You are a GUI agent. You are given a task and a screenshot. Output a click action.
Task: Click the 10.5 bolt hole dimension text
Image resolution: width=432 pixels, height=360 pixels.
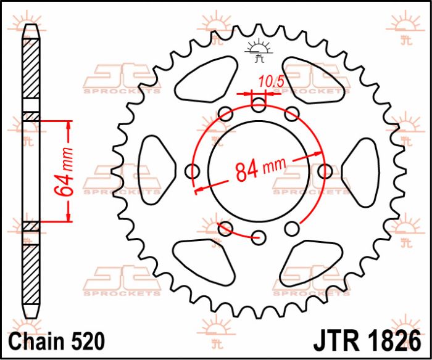pyautogui.click(x=266, y=80)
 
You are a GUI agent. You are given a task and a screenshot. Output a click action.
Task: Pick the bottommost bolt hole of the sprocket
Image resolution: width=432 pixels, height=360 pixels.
pyautogui.click(x=259, y=237)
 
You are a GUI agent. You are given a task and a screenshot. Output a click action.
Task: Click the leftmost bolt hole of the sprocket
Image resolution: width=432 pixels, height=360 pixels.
pyautogui.click(x=193, y=171)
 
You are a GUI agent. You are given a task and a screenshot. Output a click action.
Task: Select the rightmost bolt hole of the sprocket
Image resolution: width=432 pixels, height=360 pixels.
pyautogui.click(x=325, y=171)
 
